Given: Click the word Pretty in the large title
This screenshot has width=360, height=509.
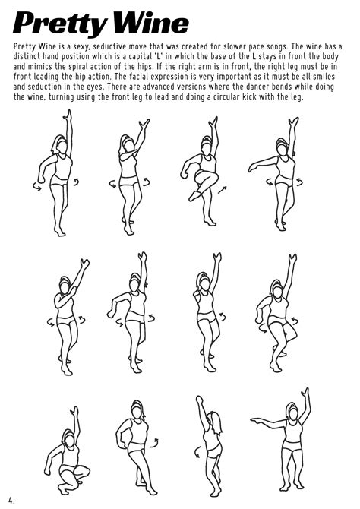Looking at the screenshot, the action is (x=60, y=24).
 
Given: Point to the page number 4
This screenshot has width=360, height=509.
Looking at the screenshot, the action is (x=11, y=501).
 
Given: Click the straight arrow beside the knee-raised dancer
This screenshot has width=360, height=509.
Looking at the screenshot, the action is (x=223, y=190).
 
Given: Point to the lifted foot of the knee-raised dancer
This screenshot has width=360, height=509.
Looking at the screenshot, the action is (x=194, y=196).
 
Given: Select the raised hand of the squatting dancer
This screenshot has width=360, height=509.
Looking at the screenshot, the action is (x=75, y=412).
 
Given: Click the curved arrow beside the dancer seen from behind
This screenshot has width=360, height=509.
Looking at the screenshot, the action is (x=197, y=452).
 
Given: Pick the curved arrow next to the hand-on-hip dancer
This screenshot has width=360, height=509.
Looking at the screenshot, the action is (x=154, y=443).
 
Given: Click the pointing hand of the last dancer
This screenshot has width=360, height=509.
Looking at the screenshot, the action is (x=256, y=421).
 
